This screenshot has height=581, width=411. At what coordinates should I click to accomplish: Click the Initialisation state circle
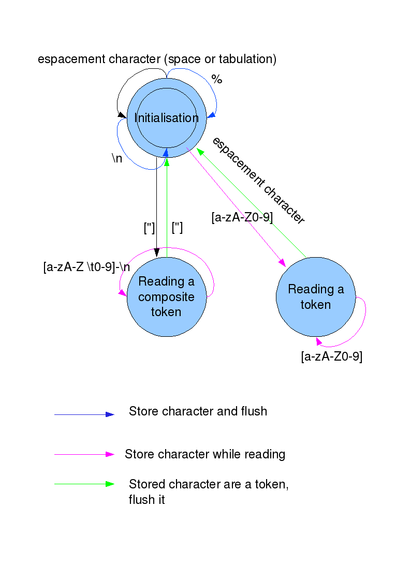pos(167,118)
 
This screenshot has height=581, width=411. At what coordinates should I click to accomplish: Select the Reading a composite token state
pos(166,297)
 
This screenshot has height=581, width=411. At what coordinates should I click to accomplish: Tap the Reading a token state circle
pos(315,296)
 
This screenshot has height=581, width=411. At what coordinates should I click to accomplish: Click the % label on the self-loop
pos(216,80)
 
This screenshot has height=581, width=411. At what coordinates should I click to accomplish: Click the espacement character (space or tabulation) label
pos(157,59)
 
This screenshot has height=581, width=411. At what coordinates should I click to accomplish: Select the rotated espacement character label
pos(258,181)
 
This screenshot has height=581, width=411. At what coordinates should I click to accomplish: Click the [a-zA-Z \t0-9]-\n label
pos(86,267)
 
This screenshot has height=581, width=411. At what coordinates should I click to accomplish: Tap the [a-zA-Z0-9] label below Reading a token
pos(331,356)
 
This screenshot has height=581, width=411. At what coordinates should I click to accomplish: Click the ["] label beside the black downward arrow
pos(149,228)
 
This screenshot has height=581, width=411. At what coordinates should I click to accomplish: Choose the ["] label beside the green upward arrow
pos(177,228)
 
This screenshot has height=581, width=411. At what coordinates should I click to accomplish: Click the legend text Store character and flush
pos(198,411)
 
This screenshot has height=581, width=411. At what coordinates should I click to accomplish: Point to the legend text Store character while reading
pos(205,454)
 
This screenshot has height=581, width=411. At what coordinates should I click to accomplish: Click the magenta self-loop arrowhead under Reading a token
pos(319,341)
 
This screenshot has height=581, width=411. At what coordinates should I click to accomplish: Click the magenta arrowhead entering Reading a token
pos(283,264)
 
